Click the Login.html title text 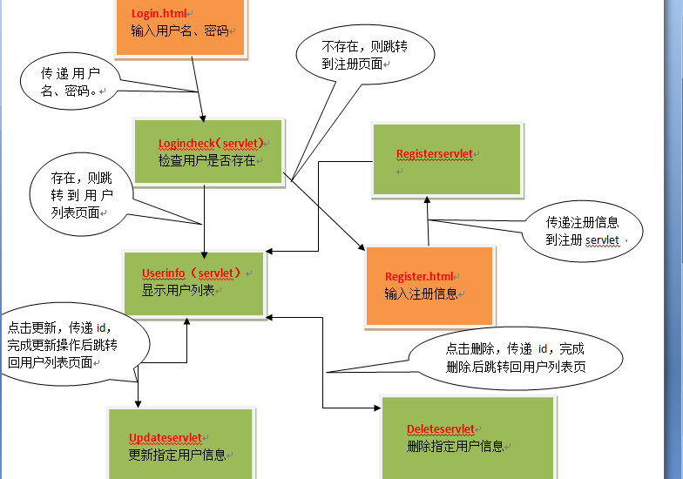pyautogui.click(x=159, y=14)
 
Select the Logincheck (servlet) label pyautogui.click(x=211, y=143)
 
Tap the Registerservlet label pyautogui.click(x=434, y=153)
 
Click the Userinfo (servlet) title pyautogui.click(x=191, y=273)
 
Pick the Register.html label pyautogui.click(x=419, y=277)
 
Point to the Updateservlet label pyautogui.click(x=166, y=437)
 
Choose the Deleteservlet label pyautogui.click(x=441, y=428)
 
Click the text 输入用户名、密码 pyautogui.click(x=179, y=31)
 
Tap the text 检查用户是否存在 pyautogui.click(x=207, y=160)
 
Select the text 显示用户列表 pyautogui.click(x=178, y=291)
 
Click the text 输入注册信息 pyautogui.click(x=421, y=294)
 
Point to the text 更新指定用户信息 pyautogui.click(x=177, y=455)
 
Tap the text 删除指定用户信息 pyautogui.click(x=455, y=446)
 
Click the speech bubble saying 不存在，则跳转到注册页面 pyautogui.click(x=365, y=54)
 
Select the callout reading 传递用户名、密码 pyautogui.click(x=70, y=82)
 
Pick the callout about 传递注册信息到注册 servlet pyautogui.click(x=582, y=232)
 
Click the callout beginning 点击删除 pyautogui.click(x=516, y=358)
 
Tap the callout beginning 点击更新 pyautogui.click(x=74, y=344)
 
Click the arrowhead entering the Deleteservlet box pyautogui.click(x=377, y=408)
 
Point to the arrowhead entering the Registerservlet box pyautogui.click(x=427, y=200)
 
